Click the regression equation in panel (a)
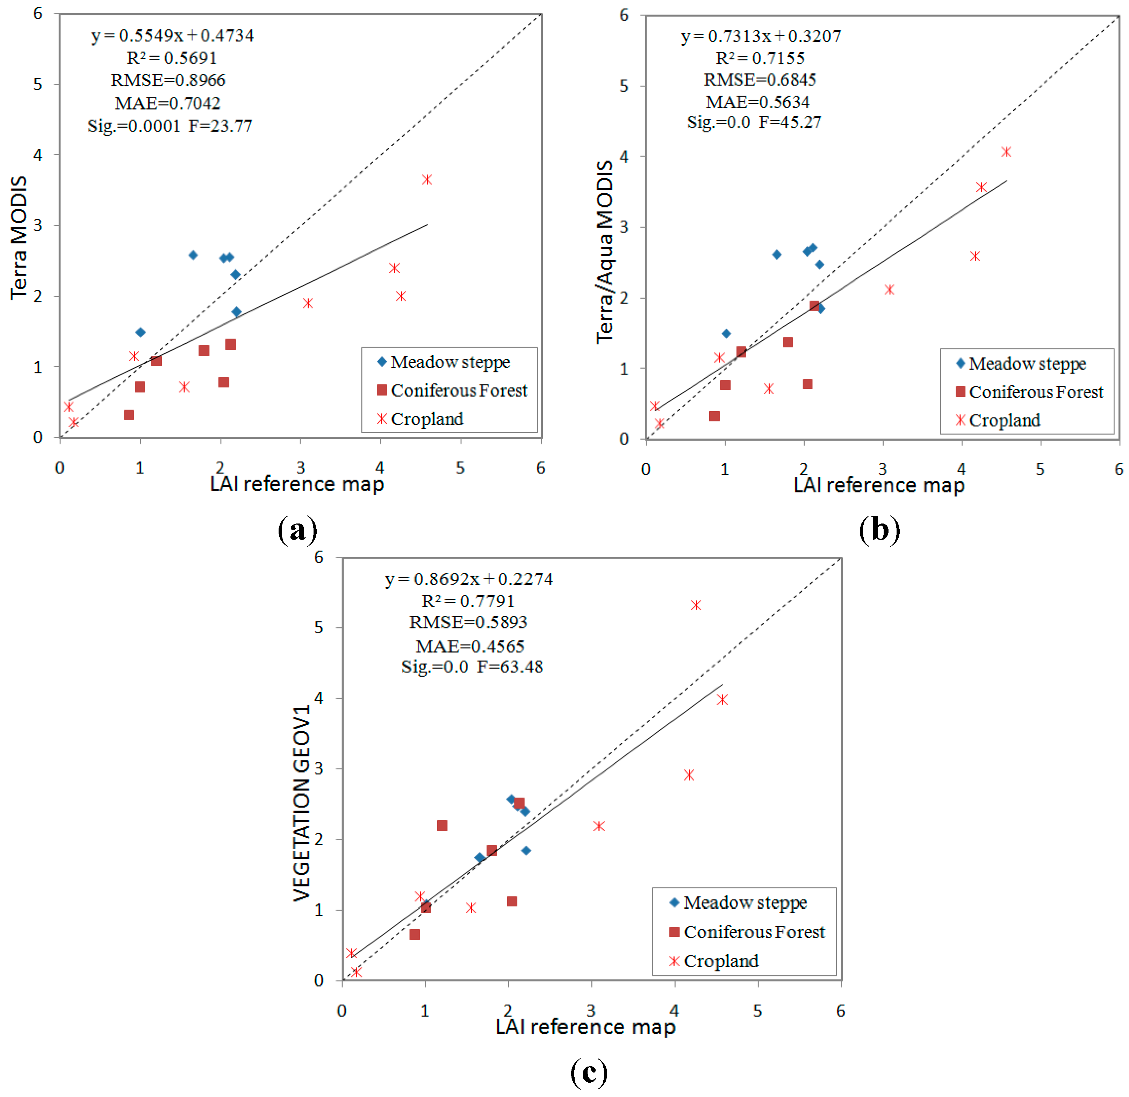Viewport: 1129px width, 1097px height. (x=172, y=36)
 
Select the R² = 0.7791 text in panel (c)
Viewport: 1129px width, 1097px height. (x=468, y=601)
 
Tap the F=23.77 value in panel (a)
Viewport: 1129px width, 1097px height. (x=220, y=126)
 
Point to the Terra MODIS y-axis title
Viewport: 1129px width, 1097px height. (x=19, y=237)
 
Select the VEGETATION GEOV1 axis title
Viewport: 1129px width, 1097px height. (x=301, y=803)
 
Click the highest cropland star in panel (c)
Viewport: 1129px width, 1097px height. (x=696, y=605)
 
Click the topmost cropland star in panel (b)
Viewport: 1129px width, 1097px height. (x=1006, y=151)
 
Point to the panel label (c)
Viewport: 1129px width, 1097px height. (x=588, y=1072)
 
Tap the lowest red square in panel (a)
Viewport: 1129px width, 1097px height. (x=129, y=415)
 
